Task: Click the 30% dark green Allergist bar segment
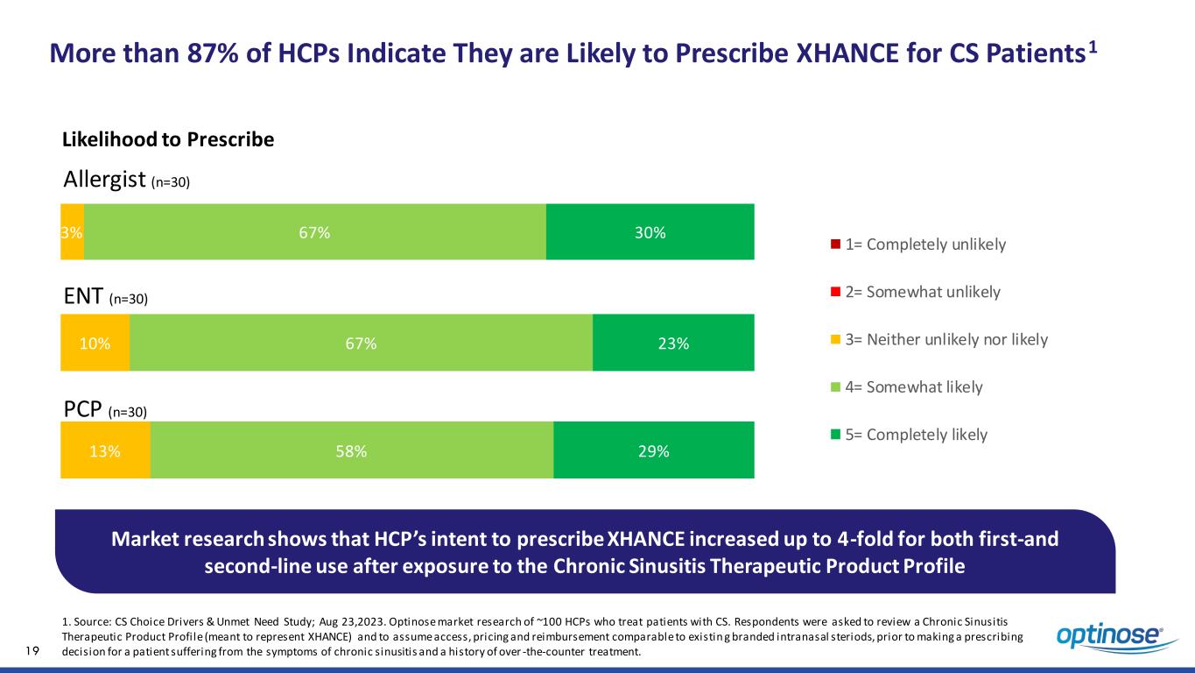click(650, 231)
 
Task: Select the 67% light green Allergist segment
click(314, 231)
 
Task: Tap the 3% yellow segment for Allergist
click(72, 231)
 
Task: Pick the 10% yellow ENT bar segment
click(95, 343)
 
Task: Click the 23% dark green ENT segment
click(673, 343)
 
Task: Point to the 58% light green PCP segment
click(351, 450)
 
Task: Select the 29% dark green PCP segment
click(653, 450)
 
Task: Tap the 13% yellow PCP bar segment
click(105, 450)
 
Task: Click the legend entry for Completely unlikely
click(917, 244)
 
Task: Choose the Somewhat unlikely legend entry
click(914, 292)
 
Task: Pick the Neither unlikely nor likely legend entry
click(938, 339)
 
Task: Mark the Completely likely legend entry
click(908, 435)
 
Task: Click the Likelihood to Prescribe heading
click(168, 140)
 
